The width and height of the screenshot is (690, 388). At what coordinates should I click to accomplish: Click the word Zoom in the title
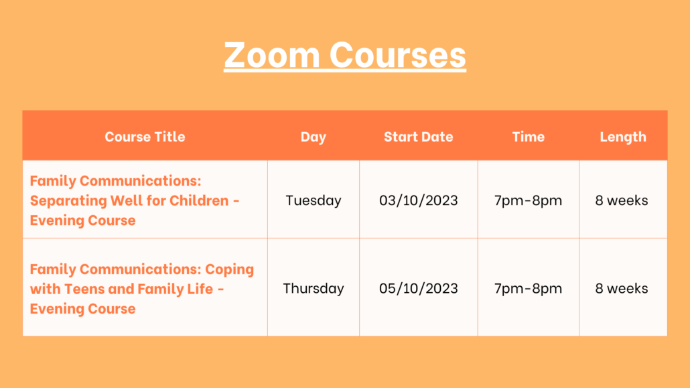272,54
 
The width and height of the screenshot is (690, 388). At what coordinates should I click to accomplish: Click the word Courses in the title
398,54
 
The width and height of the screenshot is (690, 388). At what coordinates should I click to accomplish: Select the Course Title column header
145,137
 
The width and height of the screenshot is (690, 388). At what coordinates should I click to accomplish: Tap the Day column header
314,137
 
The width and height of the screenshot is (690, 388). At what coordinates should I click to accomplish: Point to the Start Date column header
419,137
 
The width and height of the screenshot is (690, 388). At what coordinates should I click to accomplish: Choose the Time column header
528,137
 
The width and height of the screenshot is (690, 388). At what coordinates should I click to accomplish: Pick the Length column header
623,137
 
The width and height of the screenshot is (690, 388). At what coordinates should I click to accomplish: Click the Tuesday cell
314,201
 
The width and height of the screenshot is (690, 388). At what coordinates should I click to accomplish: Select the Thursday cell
314,288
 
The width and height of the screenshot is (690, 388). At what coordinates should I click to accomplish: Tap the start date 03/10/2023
419,200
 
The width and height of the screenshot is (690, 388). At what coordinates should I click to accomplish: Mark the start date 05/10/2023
419,288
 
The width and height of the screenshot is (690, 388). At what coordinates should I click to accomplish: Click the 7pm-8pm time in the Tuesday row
528,201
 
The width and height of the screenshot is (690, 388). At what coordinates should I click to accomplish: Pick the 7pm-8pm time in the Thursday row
528,289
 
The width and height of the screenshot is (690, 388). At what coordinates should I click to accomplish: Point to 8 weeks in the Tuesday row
622,200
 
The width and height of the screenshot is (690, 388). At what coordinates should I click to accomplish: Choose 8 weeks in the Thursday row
622,288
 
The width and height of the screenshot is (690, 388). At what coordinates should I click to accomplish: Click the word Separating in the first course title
68,201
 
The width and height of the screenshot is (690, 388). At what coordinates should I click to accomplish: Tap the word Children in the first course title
200,200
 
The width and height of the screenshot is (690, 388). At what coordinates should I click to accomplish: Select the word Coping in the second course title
230,269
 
